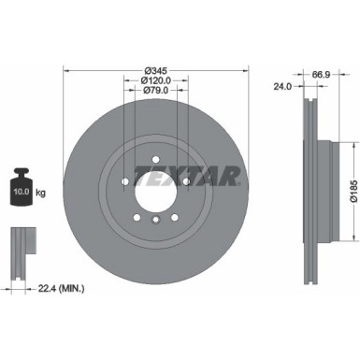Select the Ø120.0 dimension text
point(156,81)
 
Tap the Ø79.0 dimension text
point(156,92)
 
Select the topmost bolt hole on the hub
point(156,150)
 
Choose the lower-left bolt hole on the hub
point(137,211)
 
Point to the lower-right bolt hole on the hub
point(176,211)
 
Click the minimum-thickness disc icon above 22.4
point(20,245)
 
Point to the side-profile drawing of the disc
point(311,178)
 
